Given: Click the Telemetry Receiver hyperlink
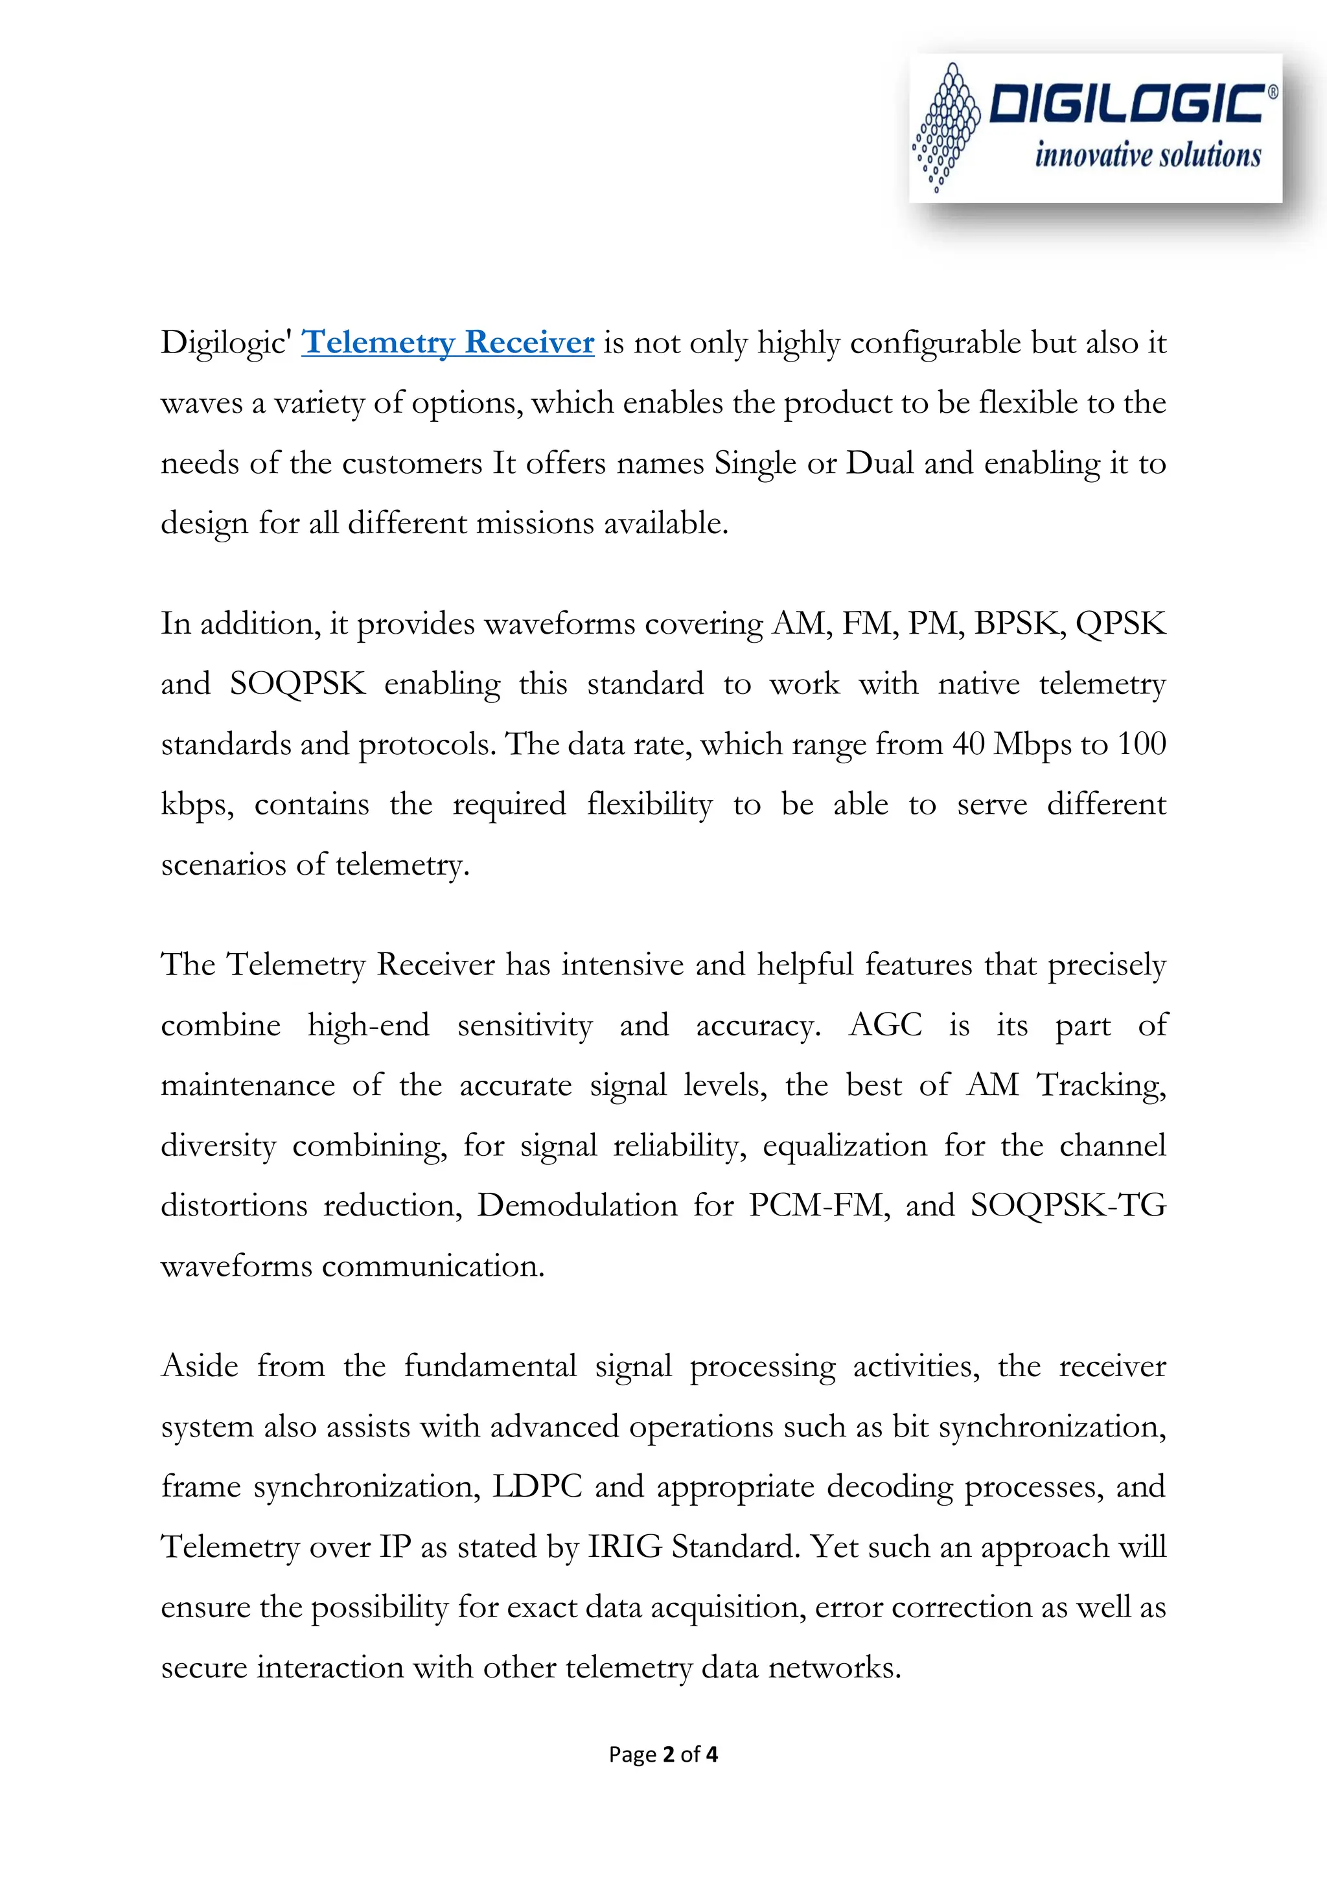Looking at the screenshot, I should click(447, 343).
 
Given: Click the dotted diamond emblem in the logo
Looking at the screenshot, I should click(946, 128).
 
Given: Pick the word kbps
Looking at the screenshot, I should click(196, 805).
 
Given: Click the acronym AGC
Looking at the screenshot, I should click(886, 1025).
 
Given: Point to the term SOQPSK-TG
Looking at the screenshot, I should click(1068, 1206).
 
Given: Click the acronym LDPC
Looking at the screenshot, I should click(537, 1486).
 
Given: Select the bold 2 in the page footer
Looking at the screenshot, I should click(668, 1755).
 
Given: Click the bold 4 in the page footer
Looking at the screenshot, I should click(712, 1755).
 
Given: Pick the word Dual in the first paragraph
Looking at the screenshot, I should click(880, 463).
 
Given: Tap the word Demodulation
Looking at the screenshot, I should click(577, 1206).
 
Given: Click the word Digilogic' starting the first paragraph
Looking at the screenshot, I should click(225, 343).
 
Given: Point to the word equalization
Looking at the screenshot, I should click(845, 1146).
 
